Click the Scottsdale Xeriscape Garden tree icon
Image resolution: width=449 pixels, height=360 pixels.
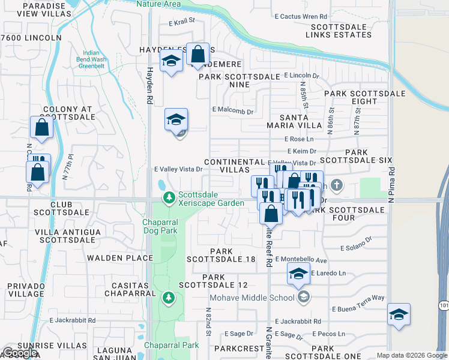tap(170, 197)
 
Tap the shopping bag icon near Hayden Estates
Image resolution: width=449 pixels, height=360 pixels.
tap(197, 55)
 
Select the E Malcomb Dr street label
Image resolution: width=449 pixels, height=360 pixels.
tap(234, 110)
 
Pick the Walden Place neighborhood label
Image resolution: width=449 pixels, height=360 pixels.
tap(121, 258)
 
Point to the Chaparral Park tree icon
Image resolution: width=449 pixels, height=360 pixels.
tap(170, 297)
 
